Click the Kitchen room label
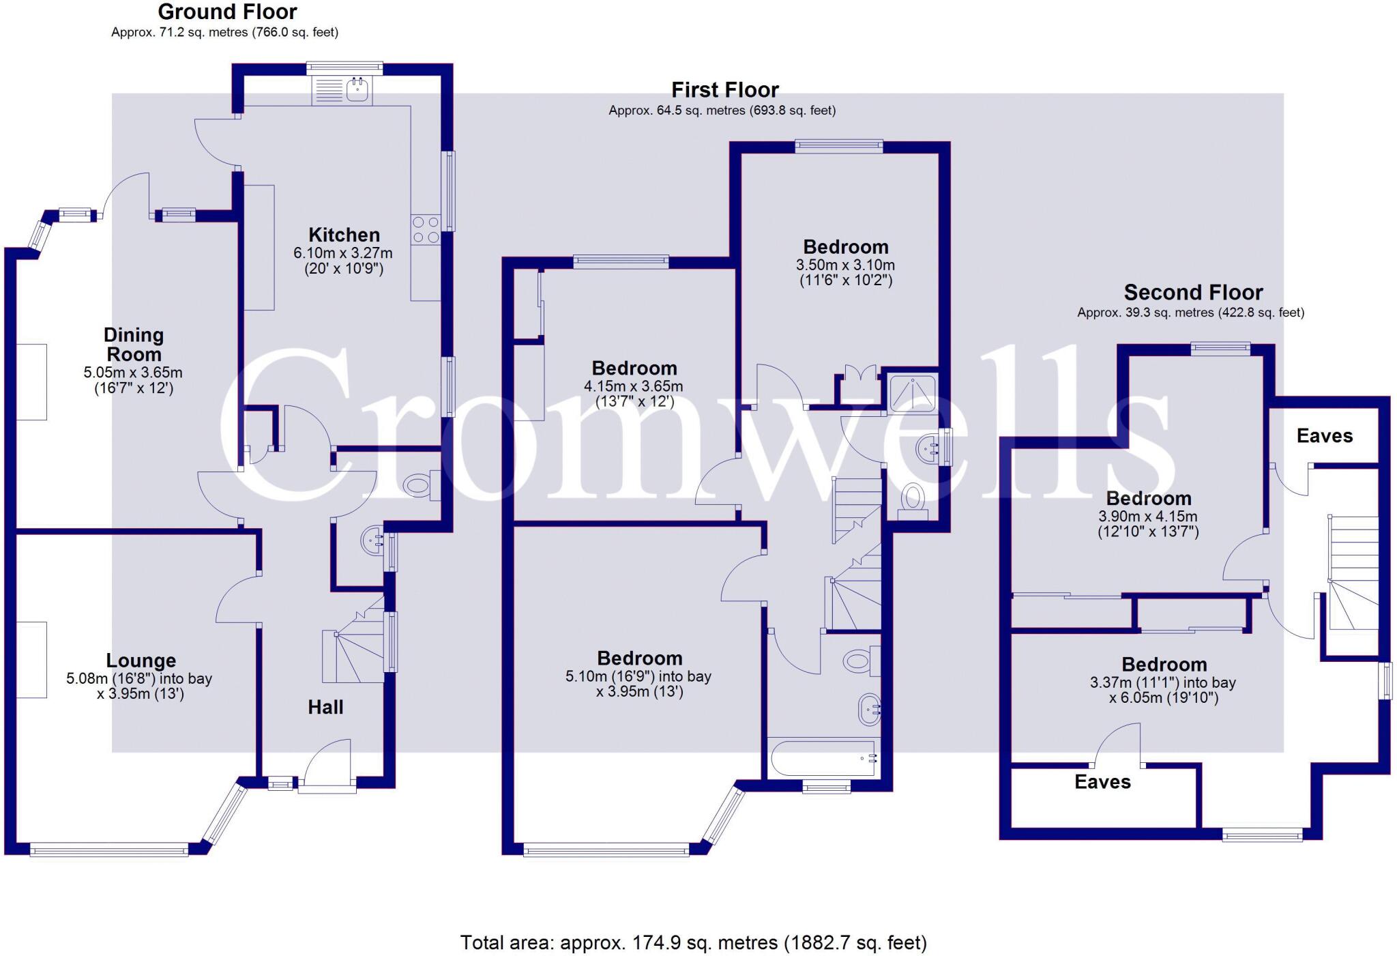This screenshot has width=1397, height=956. [344, 235]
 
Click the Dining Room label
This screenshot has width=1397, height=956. [134, 345]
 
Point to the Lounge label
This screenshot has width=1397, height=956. [141, 661]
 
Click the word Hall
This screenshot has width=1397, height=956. [325, 707]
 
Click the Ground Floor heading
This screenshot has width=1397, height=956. [227, 12]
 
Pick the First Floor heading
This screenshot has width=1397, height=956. [724, 90]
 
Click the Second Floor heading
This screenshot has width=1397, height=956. [1193, 293]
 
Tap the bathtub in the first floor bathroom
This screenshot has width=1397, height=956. [821, 759]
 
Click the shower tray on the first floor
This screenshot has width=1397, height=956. [913, 394]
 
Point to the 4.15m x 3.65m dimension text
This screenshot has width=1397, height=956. [634, 386]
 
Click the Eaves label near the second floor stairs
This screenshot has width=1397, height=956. [1324, 436]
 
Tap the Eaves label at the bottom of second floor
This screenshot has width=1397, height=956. [1102, 782]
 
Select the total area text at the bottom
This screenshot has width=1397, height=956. [693, 942]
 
